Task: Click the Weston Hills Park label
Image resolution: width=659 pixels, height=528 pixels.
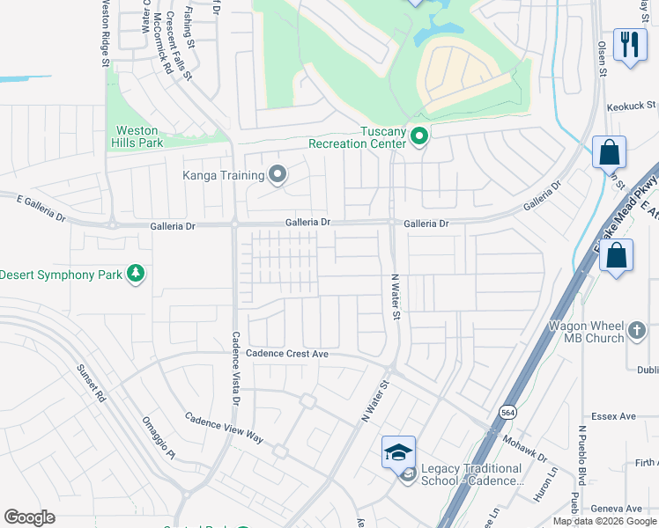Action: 138,136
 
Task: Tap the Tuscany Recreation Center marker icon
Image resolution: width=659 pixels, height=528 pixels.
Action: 420,136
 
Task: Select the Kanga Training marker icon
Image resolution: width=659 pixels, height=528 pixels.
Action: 278,175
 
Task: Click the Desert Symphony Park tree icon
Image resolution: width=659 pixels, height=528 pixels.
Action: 136,275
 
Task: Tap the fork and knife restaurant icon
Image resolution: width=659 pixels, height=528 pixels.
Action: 629,44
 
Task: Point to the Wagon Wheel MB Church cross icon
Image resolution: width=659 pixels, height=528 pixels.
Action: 640,332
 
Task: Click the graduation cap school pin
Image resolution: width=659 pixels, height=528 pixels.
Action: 398,451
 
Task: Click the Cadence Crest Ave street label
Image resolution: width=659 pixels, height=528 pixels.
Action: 286,353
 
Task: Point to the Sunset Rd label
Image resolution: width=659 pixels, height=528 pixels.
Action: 91,384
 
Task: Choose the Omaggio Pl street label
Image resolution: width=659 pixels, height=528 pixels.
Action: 159,437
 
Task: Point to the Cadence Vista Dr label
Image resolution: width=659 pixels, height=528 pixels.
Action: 235,367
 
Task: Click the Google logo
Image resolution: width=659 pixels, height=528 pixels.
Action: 29,517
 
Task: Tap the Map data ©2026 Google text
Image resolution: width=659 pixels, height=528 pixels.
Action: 605,521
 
